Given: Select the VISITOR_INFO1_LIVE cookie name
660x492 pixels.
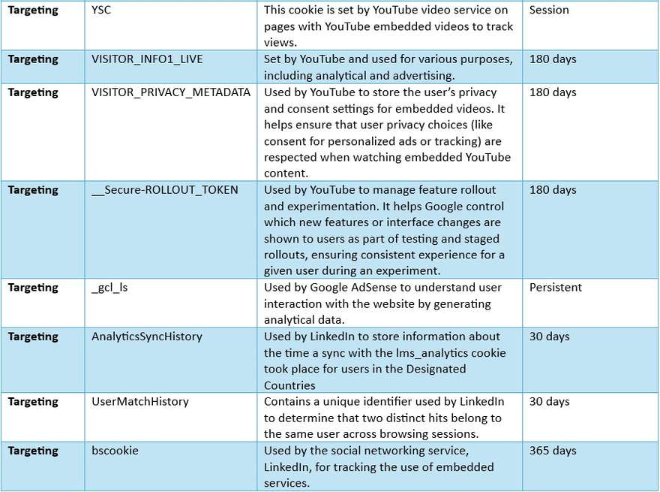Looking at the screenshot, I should pos(147,59).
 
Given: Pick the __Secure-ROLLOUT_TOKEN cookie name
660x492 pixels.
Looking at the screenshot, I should pos(164,190).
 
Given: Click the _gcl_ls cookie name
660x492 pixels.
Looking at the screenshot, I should pos(109,288).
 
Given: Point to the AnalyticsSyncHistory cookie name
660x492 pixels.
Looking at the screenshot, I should pos(146,337).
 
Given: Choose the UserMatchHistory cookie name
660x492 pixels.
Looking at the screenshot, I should pos(139,402).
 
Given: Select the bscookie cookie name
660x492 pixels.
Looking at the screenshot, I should pos(115,451).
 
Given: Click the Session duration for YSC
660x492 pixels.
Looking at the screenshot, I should pos(549,11).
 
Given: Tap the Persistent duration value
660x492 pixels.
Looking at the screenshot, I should pos(556,288).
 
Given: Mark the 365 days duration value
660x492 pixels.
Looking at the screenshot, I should pos(553,451).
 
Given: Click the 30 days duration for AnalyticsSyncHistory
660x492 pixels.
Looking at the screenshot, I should pos(550,337).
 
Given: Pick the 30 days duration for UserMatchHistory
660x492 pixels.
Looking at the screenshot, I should pos(550,402).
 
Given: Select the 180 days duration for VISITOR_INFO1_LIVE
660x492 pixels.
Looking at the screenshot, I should pos(553,59).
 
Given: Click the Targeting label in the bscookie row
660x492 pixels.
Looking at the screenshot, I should pos(33,451).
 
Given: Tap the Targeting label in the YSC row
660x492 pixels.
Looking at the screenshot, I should pos(33,11).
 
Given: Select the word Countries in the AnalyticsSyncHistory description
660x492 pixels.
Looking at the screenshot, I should pos(289,385).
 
